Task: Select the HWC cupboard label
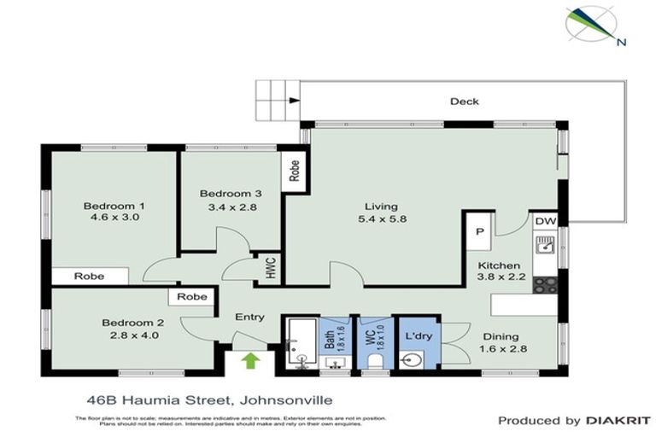(270, 268)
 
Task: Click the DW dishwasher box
(545, 222)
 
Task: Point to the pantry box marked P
(479, 230)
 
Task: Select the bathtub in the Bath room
(300, 347)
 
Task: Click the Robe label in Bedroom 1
(89, 277)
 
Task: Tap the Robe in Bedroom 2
(192, 297)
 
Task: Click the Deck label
(464, 102)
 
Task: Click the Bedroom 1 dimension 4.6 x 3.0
(111, 218)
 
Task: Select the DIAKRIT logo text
(616, 420)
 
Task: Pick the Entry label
(249, 318)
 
